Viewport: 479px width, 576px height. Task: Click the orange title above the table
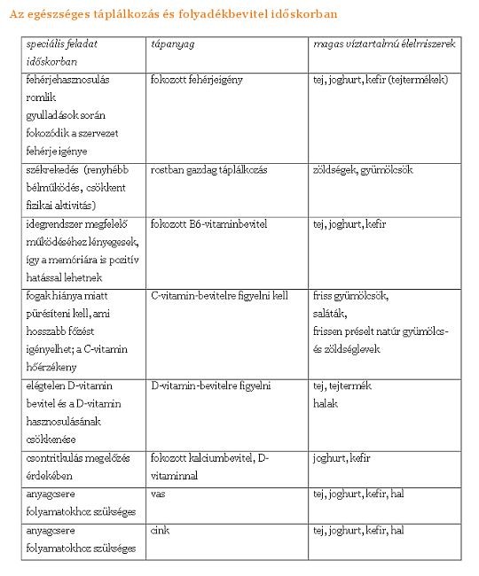(x=174, y=15)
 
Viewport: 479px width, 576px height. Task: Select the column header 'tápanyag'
(x=169, y=43)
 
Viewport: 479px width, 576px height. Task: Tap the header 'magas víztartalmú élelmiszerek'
(x=384, y=43)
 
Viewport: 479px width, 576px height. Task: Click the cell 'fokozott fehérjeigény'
(x=197, y=80)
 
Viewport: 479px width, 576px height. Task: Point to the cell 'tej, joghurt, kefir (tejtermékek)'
(x=381, y=80)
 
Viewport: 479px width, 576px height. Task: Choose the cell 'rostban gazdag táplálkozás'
(x=209, y=169)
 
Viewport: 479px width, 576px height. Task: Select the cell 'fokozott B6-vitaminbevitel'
(x=209, y=224)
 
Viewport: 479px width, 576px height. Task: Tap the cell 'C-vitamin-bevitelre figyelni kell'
(x=219, y=296)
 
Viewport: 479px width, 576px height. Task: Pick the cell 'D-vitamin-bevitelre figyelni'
(x=211, y=385)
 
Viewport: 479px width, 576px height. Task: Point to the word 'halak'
(x=326, y=403)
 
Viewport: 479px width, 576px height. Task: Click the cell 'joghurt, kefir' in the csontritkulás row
(x=342, y=458)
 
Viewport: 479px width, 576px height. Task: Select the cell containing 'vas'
(x=159, y=494)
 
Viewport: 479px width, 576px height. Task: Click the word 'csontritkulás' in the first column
(x=56, y=458)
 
